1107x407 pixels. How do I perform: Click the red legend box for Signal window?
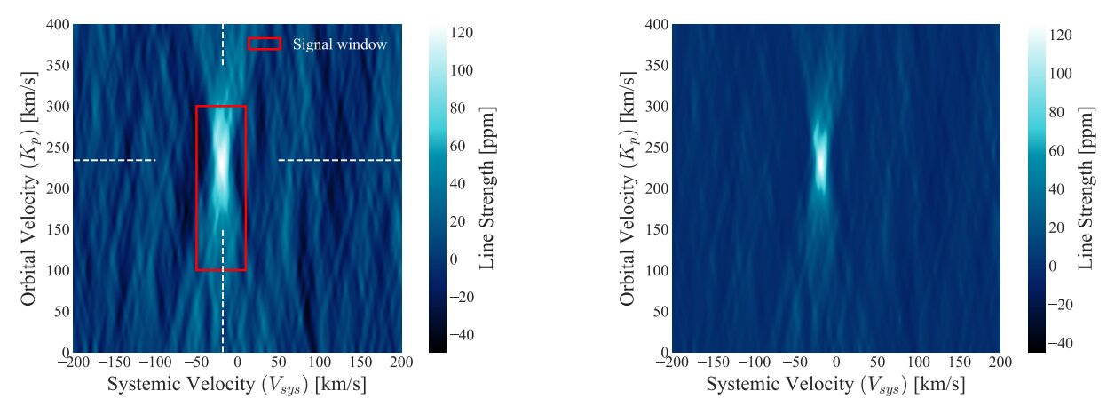pos(264,44)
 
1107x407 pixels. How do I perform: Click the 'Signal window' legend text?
pos(340,44)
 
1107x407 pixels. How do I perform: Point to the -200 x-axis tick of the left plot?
pos(73,363)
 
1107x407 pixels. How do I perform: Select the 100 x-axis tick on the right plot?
pos(918,363)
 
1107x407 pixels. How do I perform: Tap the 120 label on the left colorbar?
pos(462,32)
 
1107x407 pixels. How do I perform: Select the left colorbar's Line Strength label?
pos(487,188)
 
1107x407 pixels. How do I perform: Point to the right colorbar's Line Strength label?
pos(1086,188)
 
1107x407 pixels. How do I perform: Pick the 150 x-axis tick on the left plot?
pos(360,363)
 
